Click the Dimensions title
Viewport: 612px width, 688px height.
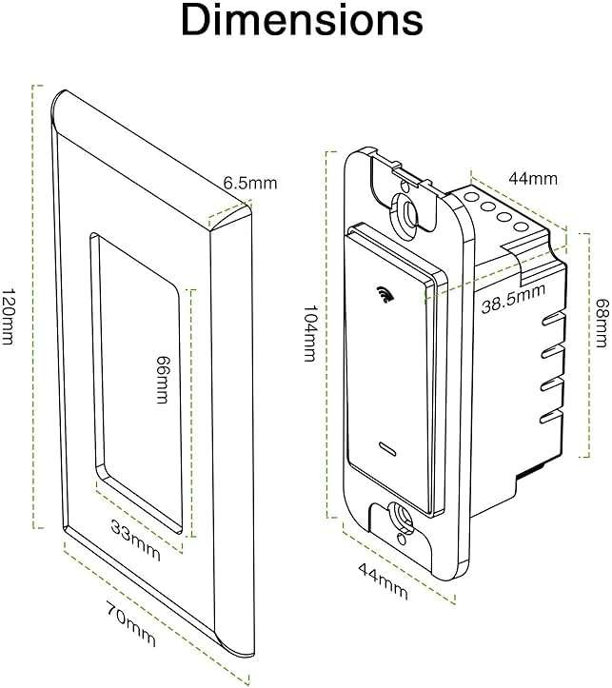pyautogui.click(x=302, y=20)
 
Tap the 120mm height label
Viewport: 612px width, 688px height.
pyautogui.click(x=9, y=316)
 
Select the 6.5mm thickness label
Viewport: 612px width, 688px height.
pyautogui.click(x=250, y=183)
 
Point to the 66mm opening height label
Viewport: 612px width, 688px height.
pyautogui.click(x=163, y=380)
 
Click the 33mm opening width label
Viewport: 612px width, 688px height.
pyautogui.click(x=135, y=541)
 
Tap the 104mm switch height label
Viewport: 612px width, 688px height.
pyautogui.click(x=309, y=333)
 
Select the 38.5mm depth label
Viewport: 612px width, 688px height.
pyautogui.click(x=513, y=299)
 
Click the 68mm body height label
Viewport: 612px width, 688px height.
pyautogui.click(x=602, y=324)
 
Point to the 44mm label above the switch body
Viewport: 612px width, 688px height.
pyautogui.click(x=533, y=179)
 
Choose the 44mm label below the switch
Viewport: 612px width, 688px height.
pyautogui.click(x=383, y=581)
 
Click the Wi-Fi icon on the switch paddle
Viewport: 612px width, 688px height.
pyautogui.click(x=385, y=294)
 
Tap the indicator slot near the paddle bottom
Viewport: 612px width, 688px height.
pyautogui.click(x=387, y=448)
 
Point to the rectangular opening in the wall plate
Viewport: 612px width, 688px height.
pyautogui.click(x=136, y=382)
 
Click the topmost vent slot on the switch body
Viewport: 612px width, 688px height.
pyautogui.click(x=552, y=319)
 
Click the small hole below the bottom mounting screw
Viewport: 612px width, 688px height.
pyautogui.click(x=401, y=538)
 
